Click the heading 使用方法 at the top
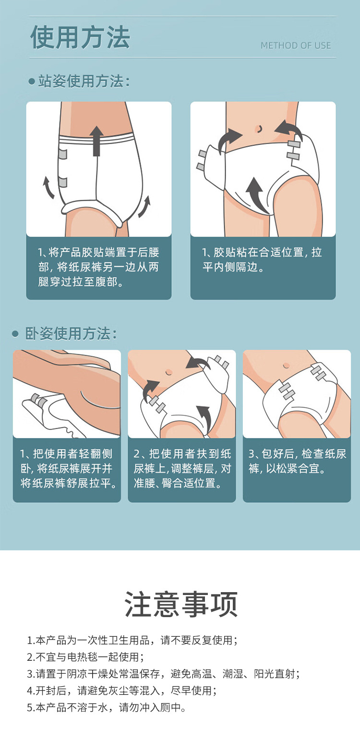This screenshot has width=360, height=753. tap(80, 38)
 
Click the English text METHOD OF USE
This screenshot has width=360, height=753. tap(295, 46)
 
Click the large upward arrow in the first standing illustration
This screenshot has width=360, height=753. tap(97, 141)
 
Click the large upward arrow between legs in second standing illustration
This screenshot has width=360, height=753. tap(256, 192)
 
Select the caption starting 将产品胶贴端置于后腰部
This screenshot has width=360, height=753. tap(98, 267)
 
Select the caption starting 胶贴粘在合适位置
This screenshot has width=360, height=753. tap(262, 259)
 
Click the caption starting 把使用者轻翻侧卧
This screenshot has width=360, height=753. tap(67, 468)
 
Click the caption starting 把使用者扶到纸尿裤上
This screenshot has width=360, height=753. tap(181, 468)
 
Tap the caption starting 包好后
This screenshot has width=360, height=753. tap(297, 461)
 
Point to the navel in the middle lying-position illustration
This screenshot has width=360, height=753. tap(168, 372)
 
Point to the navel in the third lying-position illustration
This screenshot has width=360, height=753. tap(287, 365)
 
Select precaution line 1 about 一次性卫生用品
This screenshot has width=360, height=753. tap(132, 640)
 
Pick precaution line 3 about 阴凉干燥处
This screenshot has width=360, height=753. tap(163, 674)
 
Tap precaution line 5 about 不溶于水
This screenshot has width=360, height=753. tap(106, 707)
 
